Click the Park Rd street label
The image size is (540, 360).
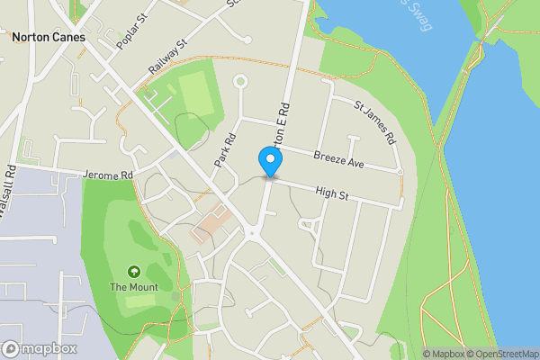pyautogui.click(x=225, y=150)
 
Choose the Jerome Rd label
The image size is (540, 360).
pyautogui.click(x=107, y=175)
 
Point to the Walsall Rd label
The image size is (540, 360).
pyautogui.click(x=12, y=190)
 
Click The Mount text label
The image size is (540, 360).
pyautogui.click(x=134, y=287)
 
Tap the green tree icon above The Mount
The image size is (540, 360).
pyautogui.click(x=134, y=271)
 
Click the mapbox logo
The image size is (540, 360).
pyautogui.click(x=40, y=348)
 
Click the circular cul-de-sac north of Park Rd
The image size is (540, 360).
pyautogui.click(x=240, y=83)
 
